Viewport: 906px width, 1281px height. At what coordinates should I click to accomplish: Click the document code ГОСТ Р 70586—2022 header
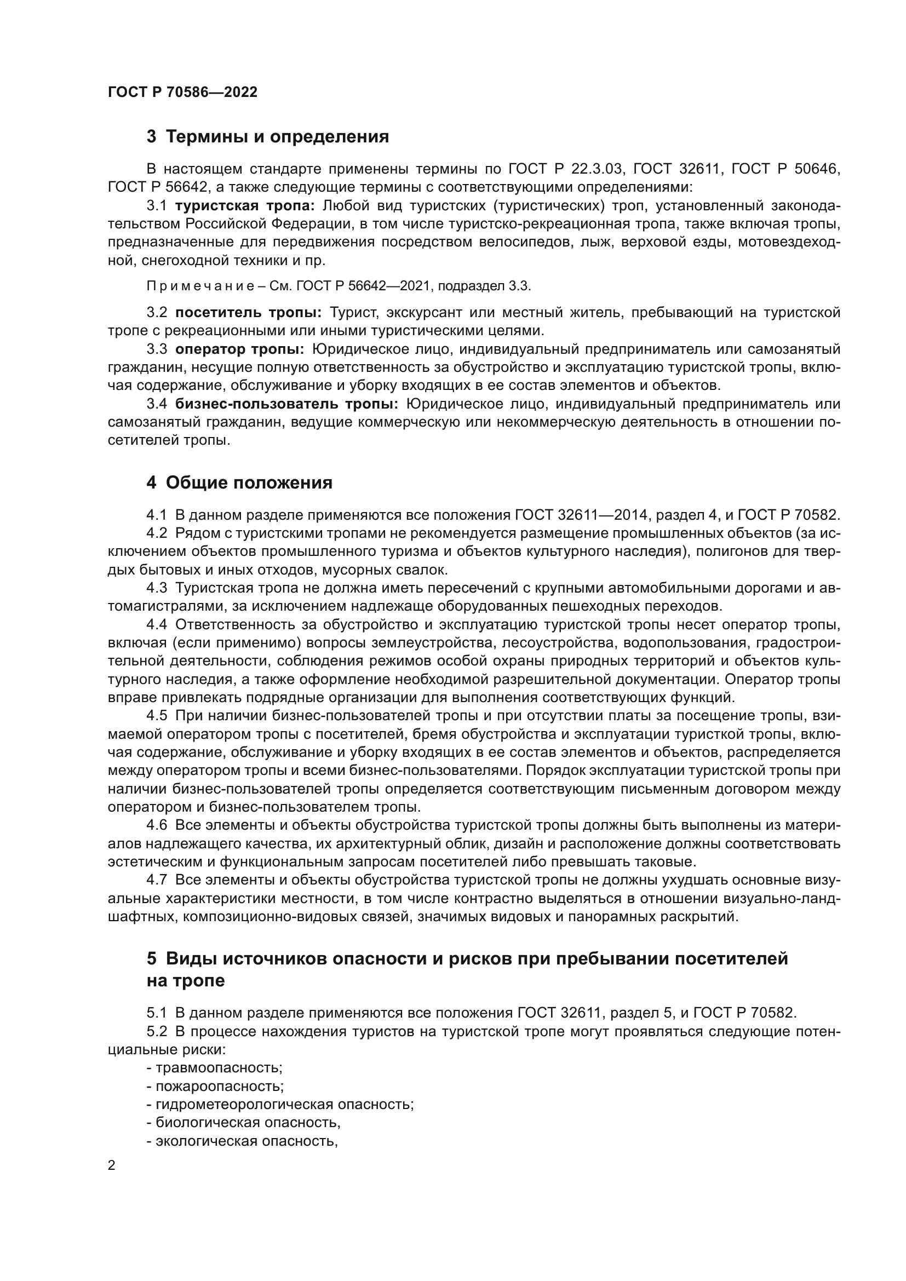coord(182,93)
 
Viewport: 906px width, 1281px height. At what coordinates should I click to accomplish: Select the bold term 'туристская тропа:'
coord(245,206)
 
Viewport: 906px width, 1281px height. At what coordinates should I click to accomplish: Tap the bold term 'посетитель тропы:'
coord(248,312)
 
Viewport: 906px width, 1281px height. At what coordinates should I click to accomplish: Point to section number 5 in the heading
coord(152,959)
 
